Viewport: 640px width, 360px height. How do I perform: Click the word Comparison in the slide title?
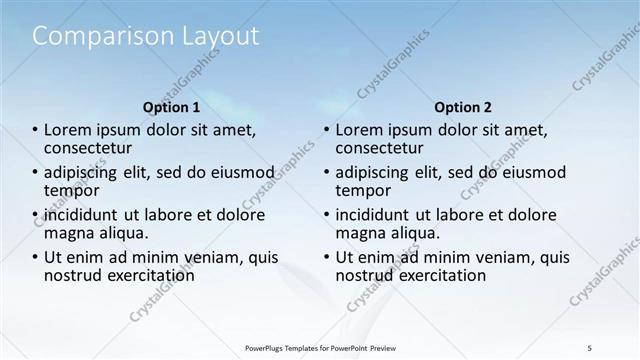tap(96, 37)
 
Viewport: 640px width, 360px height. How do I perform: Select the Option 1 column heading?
tap(171, 107)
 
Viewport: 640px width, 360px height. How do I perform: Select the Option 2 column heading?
tap(462, 107)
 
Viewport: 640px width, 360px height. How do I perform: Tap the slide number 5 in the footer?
tap(590, 348)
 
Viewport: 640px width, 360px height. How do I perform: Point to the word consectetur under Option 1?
tap(91, 148)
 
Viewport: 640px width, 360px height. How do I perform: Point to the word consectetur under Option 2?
tap(382, 148)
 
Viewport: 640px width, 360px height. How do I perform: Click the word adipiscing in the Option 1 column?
tap(82, 172)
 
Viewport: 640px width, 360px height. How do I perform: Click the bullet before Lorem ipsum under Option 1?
tap(35, 130)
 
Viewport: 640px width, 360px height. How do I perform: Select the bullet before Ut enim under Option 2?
tap(326, 257)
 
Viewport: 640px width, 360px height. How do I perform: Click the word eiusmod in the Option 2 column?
tap(528, 172)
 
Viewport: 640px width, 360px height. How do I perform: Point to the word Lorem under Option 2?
tap(358, 130)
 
